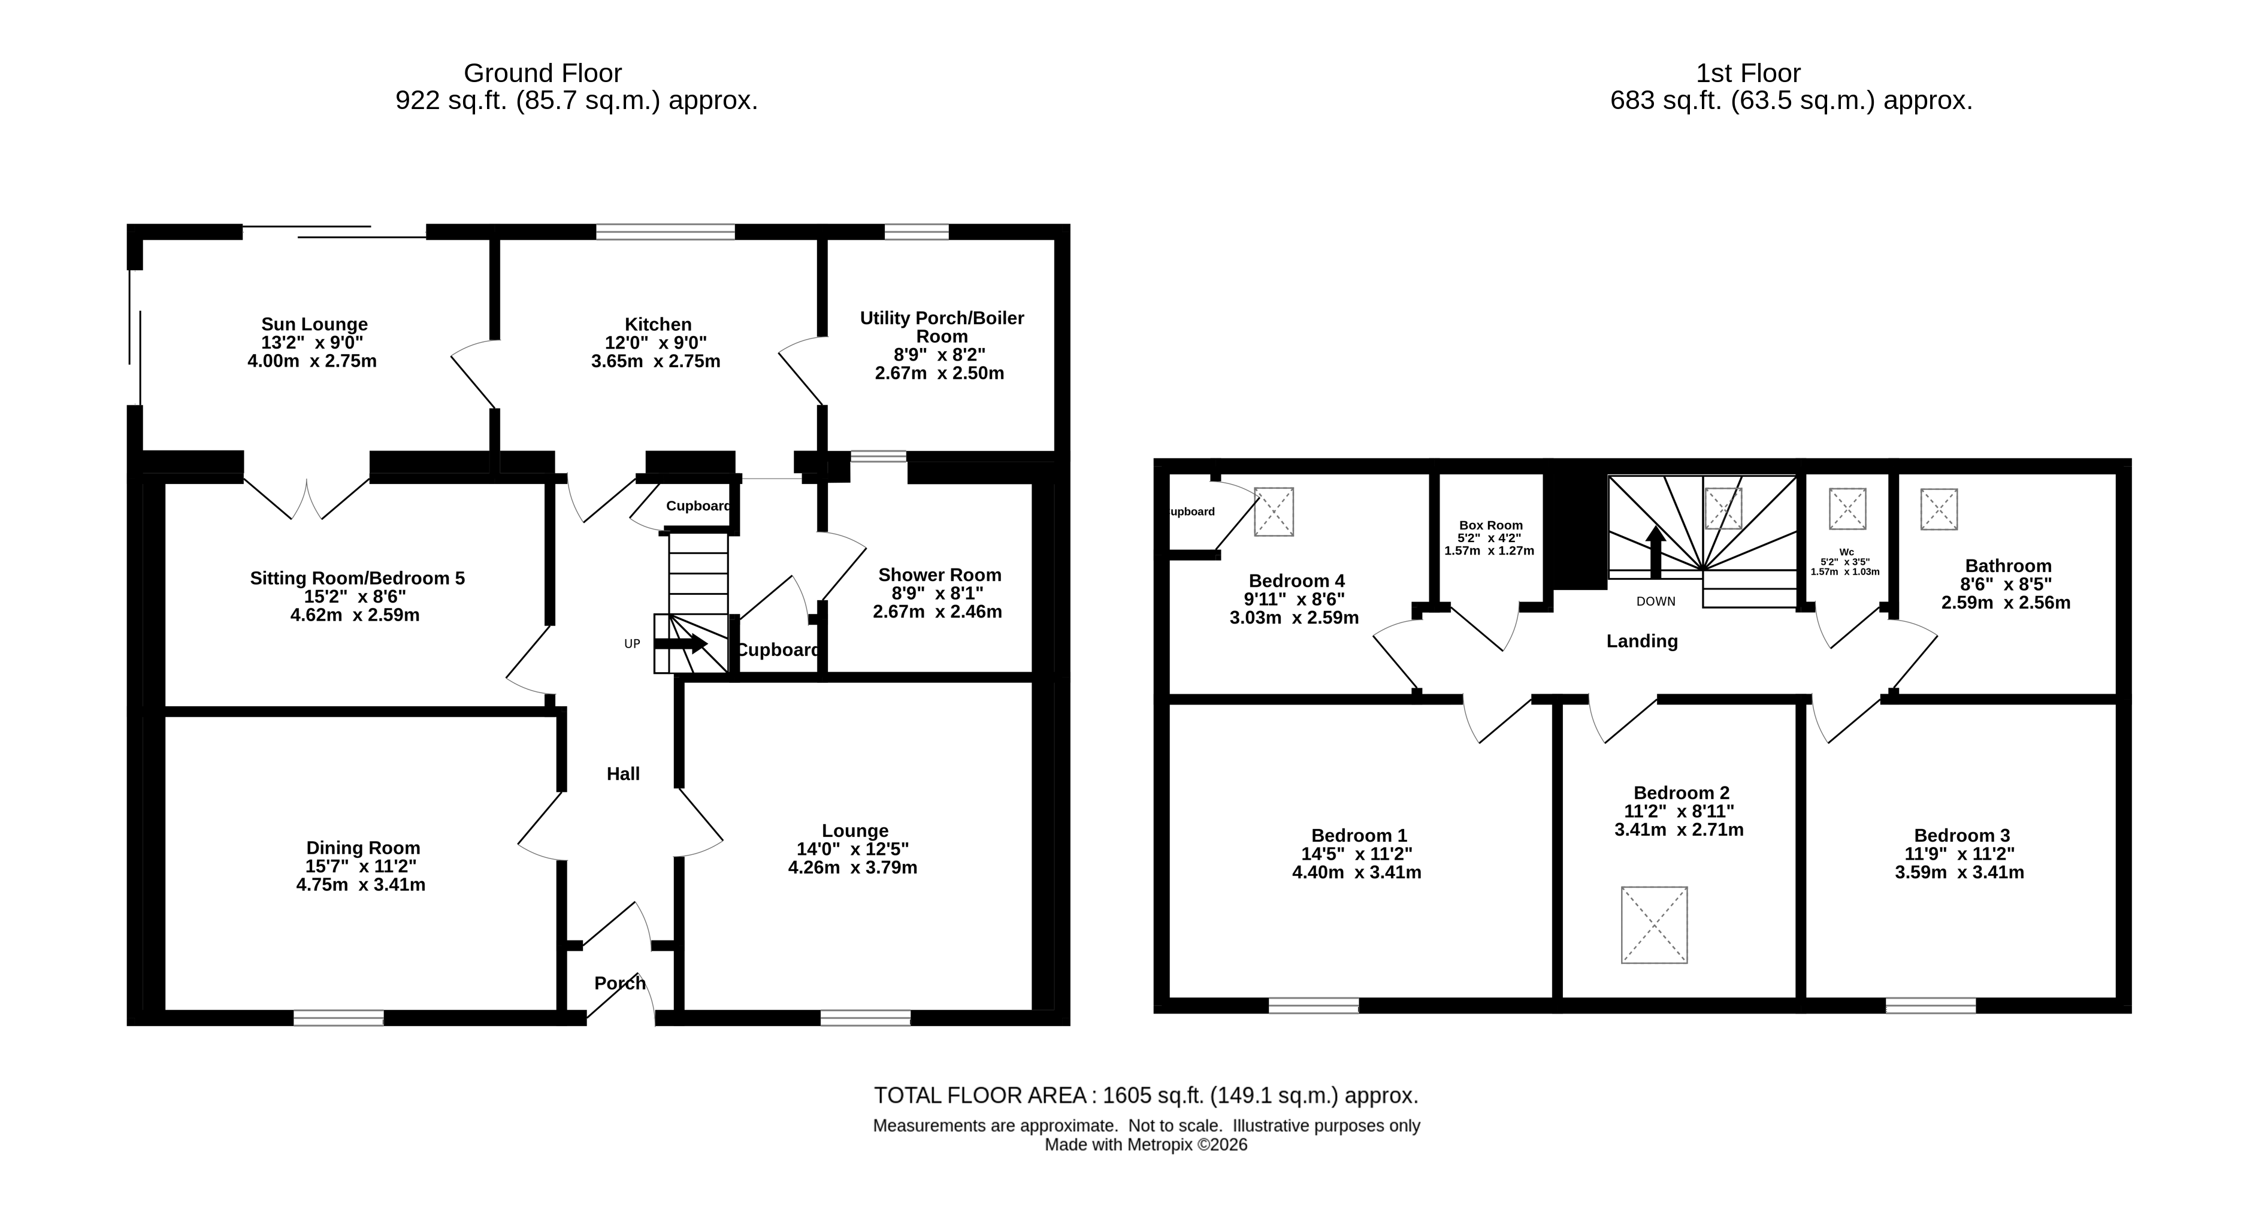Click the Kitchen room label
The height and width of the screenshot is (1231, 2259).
(658, 325)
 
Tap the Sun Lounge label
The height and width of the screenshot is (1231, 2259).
(314, 325)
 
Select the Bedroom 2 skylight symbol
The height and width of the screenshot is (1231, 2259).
(1654, 925)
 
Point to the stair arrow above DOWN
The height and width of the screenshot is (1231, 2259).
(1656, 552)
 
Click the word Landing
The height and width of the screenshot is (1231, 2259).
(1641, 641)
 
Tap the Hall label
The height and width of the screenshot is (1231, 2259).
(624, 773)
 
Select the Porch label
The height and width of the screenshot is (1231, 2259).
(620, 983)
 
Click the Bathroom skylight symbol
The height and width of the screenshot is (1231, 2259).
(1939, 509)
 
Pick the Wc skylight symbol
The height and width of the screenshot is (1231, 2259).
(1847, 509)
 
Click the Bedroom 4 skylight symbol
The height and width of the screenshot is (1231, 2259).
(1274, 511)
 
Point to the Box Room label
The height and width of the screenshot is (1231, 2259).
(1491, 525)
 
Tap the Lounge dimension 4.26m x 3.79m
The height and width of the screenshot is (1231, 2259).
(852, 867)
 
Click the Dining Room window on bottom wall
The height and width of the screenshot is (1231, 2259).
(338, 1017)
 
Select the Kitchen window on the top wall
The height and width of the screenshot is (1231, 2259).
(666, 231)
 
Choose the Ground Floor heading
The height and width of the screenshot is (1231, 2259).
(543, 72)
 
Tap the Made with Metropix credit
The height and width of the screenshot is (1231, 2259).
(1146, 1144)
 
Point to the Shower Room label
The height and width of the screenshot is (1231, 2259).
(939, 575)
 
